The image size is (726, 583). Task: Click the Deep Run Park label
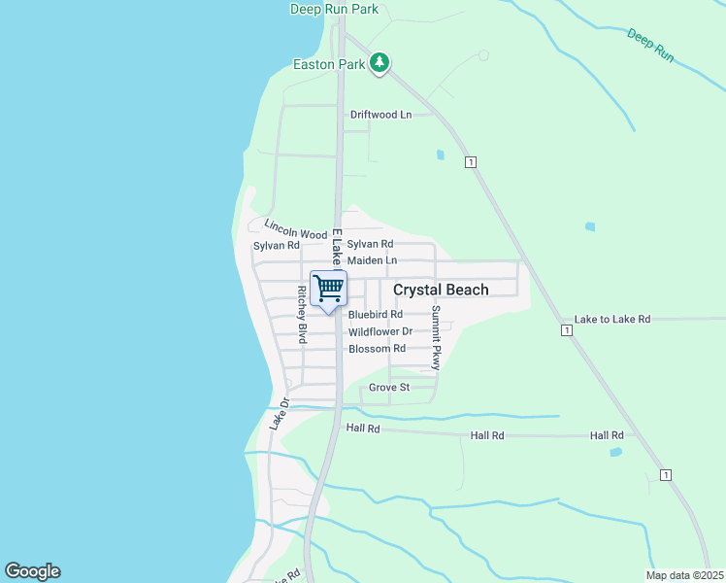(x=333, y=10)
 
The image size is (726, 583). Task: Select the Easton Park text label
(x=329, y=65)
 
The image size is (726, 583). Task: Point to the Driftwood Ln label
(x=380, y=115)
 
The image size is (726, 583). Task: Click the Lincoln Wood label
(x=296, y=234)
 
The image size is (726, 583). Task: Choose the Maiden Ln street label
(x=372, y=260)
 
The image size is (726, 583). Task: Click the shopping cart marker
(x=329, y=288)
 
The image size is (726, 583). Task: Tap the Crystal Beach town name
(x=441, y=290)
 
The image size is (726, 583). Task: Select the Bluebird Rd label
(x=375, y=315)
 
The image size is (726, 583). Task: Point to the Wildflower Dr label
(x=379, y=331)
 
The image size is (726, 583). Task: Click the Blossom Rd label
(x=377, y=349)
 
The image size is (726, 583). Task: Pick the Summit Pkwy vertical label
(x=436, y=337)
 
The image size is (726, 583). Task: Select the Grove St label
(x=389, y=388)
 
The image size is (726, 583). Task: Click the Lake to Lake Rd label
(x=611, y=319)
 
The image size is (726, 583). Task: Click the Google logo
(x=32, y=571)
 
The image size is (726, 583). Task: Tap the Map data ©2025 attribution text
(x=683, y=575)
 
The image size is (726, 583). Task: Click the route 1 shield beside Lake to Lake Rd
(x=566, y=331)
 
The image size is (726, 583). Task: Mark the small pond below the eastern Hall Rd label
(x=615, y=452)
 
